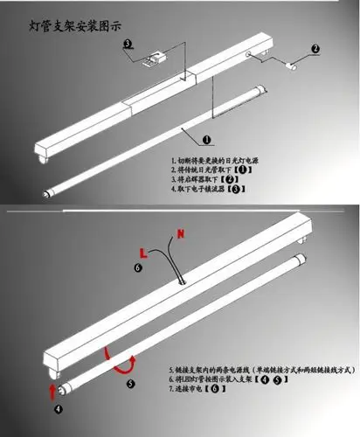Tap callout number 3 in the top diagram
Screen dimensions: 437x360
click(128, 44)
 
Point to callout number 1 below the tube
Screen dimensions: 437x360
click(206, 139)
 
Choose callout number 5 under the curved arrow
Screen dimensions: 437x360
click(129, 382)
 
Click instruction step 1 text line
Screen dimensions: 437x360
click(216, 161)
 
